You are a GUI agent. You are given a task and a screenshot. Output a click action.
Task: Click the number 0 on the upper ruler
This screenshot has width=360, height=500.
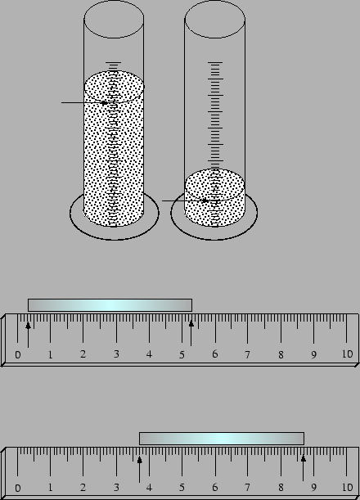click(x=18, y=354)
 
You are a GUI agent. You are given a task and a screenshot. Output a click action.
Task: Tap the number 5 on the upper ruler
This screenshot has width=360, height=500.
click(x=182, y=354)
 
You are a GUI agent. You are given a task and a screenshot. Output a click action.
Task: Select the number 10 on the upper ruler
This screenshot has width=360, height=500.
click(x=347, y=354)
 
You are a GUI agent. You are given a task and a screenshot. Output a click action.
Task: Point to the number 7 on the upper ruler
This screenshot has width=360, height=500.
click(x=247, y=354)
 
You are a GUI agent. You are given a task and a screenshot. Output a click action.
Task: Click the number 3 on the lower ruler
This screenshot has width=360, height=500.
click(x=116, y=487)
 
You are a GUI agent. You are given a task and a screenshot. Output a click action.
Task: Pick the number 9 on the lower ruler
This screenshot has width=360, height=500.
click(x=313, y=488)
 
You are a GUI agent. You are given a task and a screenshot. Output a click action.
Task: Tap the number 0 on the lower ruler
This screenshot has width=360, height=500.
click(x=18, y=488)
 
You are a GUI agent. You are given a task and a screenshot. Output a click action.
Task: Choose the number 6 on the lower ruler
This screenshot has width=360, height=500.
click(x=215, y=487)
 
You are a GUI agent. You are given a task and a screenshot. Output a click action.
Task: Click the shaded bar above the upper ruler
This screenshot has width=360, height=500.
click(x=110, y=305)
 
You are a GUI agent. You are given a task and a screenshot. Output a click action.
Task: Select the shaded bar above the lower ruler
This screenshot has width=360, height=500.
click(x=222, y=439)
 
